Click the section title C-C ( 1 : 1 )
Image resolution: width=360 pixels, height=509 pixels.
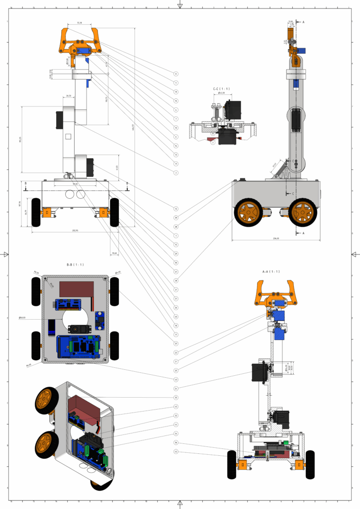click(220, 88)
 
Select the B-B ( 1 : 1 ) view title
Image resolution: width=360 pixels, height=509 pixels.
click(75, 264)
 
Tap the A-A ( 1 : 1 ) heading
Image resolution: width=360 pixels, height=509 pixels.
click(271, 271)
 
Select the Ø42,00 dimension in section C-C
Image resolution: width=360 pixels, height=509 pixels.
click(221, 93)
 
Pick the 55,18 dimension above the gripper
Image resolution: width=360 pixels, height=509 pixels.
click(80, 23)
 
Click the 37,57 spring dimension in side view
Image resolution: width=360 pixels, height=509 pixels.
click(274, 165)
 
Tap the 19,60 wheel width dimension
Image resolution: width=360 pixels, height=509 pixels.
click(114, 253)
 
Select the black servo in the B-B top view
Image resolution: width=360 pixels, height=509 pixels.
click(77, 329)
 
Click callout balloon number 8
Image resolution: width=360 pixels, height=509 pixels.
click(176, 74)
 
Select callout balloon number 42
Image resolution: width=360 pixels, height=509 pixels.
click(176, 317)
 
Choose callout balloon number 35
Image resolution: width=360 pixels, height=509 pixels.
click(176, 397)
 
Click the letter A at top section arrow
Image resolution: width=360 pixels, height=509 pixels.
click(303, 23)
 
